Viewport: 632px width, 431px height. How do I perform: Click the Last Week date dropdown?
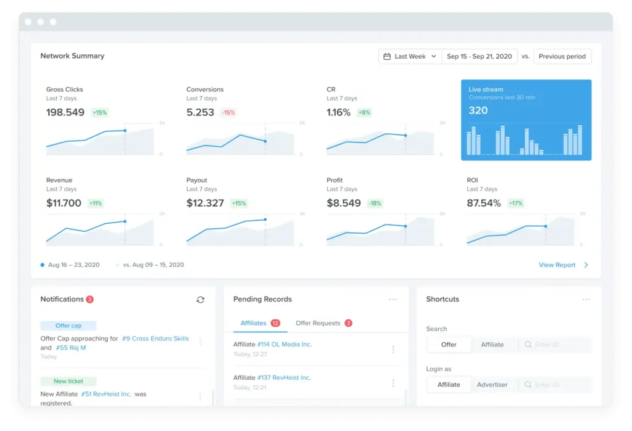point(410,56)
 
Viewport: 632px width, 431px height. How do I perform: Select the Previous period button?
point(562,56)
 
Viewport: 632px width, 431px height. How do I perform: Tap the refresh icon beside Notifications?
point(200,300)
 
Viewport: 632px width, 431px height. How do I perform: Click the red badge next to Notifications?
point(89,300)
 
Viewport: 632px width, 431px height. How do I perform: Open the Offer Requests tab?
point(317,323)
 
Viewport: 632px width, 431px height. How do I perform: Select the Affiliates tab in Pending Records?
point(254,323)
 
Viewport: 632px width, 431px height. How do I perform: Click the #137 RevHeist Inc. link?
point(284,377)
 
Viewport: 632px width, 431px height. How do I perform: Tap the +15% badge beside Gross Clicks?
point(99,113)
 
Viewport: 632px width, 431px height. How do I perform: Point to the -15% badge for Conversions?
point(228,113)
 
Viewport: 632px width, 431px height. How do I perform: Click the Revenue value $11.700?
point(64,203)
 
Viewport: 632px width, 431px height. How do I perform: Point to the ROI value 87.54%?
point(484,203)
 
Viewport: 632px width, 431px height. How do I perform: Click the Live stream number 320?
point(478,111)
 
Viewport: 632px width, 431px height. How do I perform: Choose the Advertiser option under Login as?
point(492,385)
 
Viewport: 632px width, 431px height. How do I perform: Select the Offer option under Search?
point(449,345)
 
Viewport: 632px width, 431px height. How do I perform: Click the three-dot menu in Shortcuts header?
point(586,300)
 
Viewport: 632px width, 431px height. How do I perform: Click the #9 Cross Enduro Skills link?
point(155,339)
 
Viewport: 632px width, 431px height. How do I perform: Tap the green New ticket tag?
point(69,381)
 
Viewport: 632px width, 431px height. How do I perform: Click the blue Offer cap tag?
point(68,326)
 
